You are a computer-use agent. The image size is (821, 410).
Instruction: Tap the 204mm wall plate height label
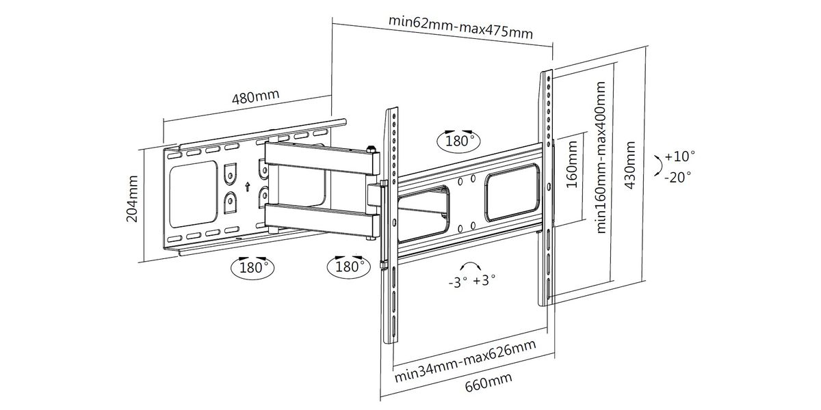[133, 198]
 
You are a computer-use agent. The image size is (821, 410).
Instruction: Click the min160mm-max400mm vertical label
[601, 158]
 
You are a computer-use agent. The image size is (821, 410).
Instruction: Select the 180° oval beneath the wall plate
[251, 266]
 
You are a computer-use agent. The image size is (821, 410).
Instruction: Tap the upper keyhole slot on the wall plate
[230, 172]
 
